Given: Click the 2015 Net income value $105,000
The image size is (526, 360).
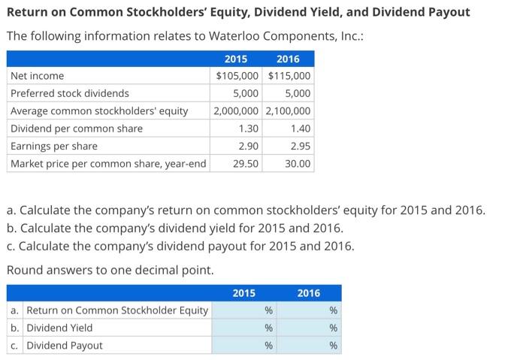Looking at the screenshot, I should coord(237,76).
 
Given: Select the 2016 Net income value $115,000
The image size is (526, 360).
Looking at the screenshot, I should coord(289,76).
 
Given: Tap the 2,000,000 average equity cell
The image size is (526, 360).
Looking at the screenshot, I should coord(237,111).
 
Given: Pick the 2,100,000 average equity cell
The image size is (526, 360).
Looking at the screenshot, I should coord(289,111).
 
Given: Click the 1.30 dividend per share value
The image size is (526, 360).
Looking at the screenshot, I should coord(247,129).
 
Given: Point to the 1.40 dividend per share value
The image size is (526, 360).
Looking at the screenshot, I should coord(298,129).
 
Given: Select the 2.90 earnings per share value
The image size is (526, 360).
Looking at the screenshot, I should coord(247,146).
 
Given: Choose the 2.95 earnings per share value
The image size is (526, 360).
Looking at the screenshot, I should coord(298,146).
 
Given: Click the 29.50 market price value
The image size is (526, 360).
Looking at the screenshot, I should coord(246,163).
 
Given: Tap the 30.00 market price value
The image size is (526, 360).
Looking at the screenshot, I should coord(297,163).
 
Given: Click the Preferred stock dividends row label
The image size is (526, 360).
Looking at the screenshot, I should coord(69,94).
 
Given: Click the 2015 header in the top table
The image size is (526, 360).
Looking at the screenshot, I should coord(236,59).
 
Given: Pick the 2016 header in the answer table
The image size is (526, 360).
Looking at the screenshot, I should coord(308,293).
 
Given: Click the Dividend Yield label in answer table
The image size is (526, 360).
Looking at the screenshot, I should coord(59,328).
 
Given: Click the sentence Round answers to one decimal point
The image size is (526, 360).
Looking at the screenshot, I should coord(110,269).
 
